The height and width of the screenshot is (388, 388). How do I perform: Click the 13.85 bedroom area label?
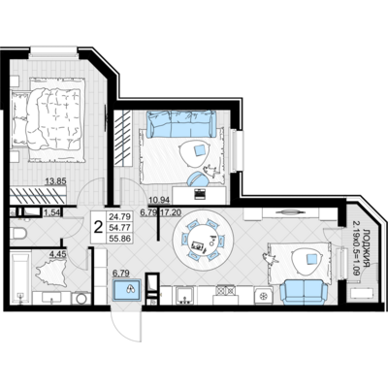pyautogui.click(x=55, y=181)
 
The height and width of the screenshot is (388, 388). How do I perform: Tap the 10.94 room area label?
pyautogui.click(x=159, y=201)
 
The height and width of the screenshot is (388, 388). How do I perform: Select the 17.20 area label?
pyautogui.click(x=171, y=212)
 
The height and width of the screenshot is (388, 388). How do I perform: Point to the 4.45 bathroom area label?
pyautogui.click(x=57, y=254)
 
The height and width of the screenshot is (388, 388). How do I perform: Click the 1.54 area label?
pyautogui.click(x=52, y=212)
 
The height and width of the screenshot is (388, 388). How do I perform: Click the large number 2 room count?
pyautogui.click(x=98, y=227)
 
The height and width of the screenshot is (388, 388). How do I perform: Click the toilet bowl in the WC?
pyautogui.click(x=18, y=233)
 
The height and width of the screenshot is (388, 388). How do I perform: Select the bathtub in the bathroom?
pyautogui.click(x=20, y=278)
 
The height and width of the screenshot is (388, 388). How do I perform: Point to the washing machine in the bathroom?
pyautogui.click(x=81, y=298)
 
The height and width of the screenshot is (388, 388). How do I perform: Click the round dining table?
pyautogui.click(x=203, y=240)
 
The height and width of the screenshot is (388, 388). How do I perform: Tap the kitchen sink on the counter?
pyautogui.click(x=184, y=295)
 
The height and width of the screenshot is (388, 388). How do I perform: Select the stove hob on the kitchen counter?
pyautogui.click(x=226, y=289)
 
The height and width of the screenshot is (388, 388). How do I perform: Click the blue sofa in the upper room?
pyautogui.click(x=181, y=123)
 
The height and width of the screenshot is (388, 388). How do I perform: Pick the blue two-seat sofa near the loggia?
pyautogui.click(x=304, y=292)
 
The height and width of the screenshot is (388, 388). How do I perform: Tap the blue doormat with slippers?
pyautogui.click(x=127, y=290)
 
